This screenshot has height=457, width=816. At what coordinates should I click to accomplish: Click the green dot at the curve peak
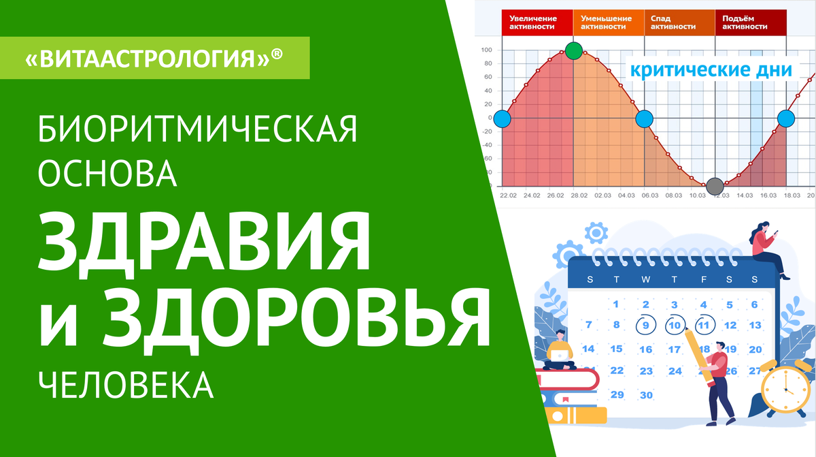pyautogui.click(x=574, y=50)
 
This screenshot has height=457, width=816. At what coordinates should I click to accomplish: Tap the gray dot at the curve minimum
pyautogui.click(x=715, y=187)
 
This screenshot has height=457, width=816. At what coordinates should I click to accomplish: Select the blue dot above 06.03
pyautogui.click(x=645, y=119)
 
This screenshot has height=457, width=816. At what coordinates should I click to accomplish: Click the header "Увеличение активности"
pyautogui.click(x=533, y=22)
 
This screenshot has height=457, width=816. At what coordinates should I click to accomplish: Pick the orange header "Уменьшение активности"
pyautogui.click(x=606, y=22)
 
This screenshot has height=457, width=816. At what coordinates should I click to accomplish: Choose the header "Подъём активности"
pyautogui.click(x=745, y=22)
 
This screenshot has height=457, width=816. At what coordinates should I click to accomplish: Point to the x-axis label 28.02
pyautogui.click(x=579, y=195)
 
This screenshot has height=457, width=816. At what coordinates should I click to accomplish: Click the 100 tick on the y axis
pyautogui.click(x=486, y=50)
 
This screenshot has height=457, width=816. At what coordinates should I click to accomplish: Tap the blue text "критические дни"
pyautogui.click(x=711, y=69)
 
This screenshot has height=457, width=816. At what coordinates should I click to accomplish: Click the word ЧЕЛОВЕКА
pyautogui.click(x=126, y=385)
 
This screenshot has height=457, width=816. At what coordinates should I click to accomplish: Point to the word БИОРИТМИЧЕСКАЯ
pyautogui.click(x=197, y=129)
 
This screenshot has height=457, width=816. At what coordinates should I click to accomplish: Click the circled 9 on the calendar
pyautogui.click(x=646, y=325)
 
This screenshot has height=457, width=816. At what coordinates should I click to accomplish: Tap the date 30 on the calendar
pyautogui.click(x=646, y=395)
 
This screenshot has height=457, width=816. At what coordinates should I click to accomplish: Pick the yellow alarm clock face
pyautogui.click(x=785, y=390)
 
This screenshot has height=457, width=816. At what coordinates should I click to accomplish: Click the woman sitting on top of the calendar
pyautogui.click(x=768, y=250)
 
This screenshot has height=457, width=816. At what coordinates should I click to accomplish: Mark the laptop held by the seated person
pyautogui.click(x=560, y=356)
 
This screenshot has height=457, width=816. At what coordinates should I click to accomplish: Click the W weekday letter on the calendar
pyautogui.click(x=646, y=280)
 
